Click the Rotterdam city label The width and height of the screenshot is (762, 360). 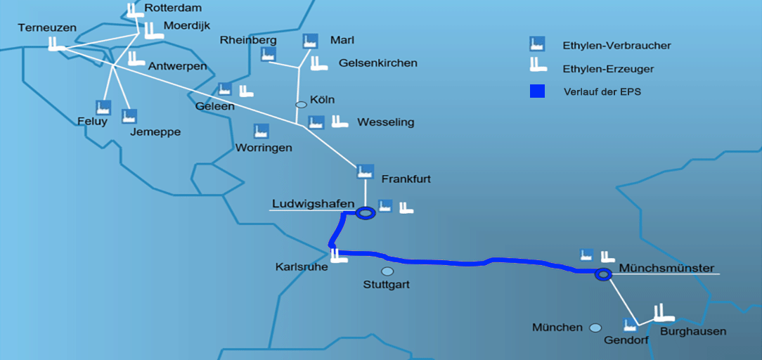pos(173,8)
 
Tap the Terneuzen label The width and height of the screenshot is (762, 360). pos(47,27)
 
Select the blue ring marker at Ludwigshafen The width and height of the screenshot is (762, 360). pos(365,212)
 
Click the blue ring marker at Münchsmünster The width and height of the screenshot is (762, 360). pos(602,274)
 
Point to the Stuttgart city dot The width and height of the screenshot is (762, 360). pos(387,271)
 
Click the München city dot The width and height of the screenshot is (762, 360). pos(595,328)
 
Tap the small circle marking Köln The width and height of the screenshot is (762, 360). pos(301,104)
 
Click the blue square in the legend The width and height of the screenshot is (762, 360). pos(538,91)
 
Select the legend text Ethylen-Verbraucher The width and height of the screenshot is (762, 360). pos(616,46)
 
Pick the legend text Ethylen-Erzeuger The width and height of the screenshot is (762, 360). pos(608,69)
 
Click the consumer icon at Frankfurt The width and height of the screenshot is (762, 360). pos(364,171)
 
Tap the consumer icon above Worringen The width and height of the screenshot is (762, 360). pos(261,131)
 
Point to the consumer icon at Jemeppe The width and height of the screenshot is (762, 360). pos(129,116)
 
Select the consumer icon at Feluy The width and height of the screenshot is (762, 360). pos(103,108)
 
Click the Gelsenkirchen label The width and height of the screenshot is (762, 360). pos(377,63)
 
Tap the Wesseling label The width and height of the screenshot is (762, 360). pos(385,122)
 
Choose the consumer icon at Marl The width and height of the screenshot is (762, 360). pos(310,41)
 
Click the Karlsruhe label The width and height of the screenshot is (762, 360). pos(302,267)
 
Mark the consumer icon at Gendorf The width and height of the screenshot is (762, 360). pos(631,324)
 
